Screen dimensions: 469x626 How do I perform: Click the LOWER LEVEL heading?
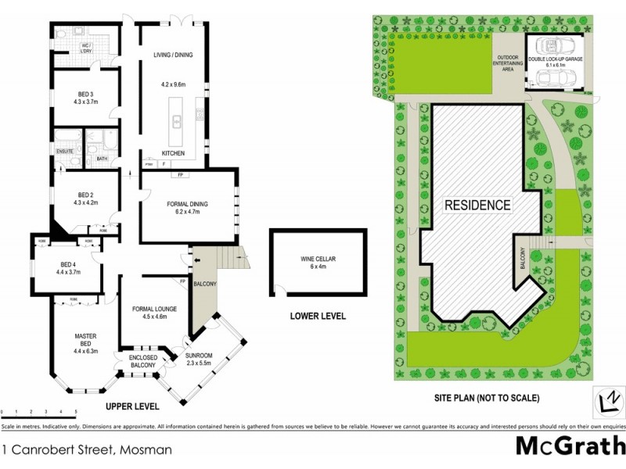coord(317,317)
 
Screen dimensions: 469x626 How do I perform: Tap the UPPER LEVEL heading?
coord(132,406)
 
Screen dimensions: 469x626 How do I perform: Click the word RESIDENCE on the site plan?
coord(477,206)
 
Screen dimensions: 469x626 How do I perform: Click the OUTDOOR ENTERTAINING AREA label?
coord(508,63)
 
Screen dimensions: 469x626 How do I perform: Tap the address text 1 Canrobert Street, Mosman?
coord(86,450)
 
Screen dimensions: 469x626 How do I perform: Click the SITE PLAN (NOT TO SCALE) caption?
coord(487,398)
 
